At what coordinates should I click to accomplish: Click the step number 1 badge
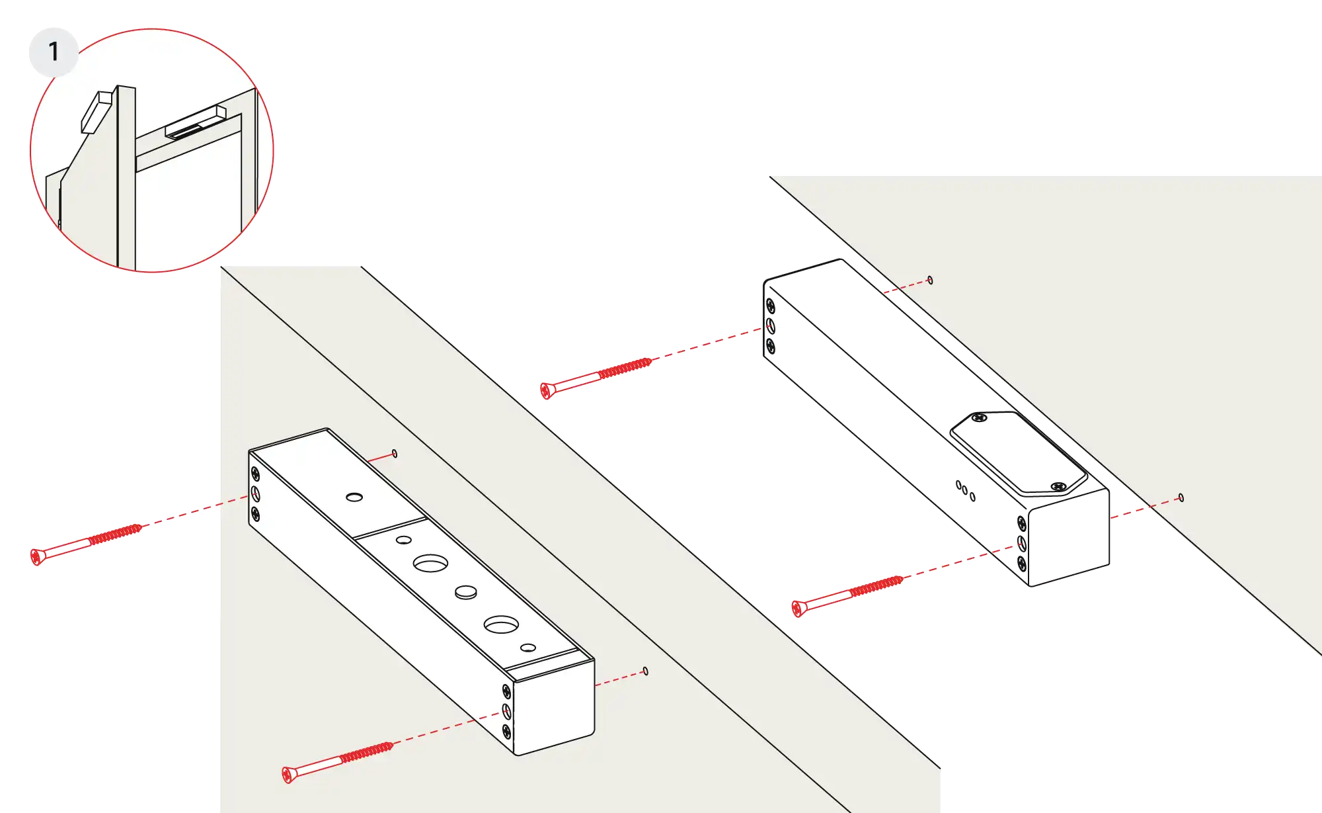pyautogui.click(x=54, y=52)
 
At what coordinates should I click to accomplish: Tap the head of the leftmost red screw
pyautogui.click(x=36, y=557)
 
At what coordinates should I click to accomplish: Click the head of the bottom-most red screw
pyautogui.click(x=287, y=775)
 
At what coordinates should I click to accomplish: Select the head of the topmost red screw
pyautogui.click(x=545, y=391)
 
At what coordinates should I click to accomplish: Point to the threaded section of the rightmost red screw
pyautogui.click(x=876, y=586)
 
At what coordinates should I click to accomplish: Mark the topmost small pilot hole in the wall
pyautogui.click(x=930, y=280)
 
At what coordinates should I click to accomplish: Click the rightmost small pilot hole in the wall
pyautogui.click(x=1181, y=498)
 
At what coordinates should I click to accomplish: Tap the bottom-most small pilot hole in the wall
pyautogui.click(x=646, y=671)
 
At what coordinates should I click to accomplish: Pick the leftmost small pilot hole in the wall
pyautogui.click(x=395, y=454)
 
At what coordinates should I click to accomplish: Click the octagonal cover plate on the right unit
pyautogui.click(x=1019, y=453)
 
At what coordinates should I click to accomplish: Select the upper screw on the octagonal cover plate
pyautogui.click(x=980, y=417)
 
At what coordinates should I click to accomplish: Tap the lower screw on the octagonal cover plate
pyautogui.click(x=1058, y=487)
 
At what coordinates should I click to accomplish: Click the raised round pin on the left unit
pyautogui.click(x=466, y=592)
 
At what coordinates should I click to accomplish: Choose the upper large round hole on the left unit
pyautogui.click(x=430, y=564)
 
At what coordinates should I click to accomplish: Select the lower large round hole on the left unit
pyautogui.click(x=501, y=624)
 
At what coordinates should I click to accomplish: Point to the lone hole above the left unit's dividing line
pyautogui.click(x=354, y=497)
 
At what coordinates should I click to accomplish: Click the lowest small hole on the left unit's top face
pyautogui.click(x=528, y=648)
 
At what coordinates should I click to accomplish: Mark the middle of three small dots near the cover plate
pyautogui.click(x=965, y=490)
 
